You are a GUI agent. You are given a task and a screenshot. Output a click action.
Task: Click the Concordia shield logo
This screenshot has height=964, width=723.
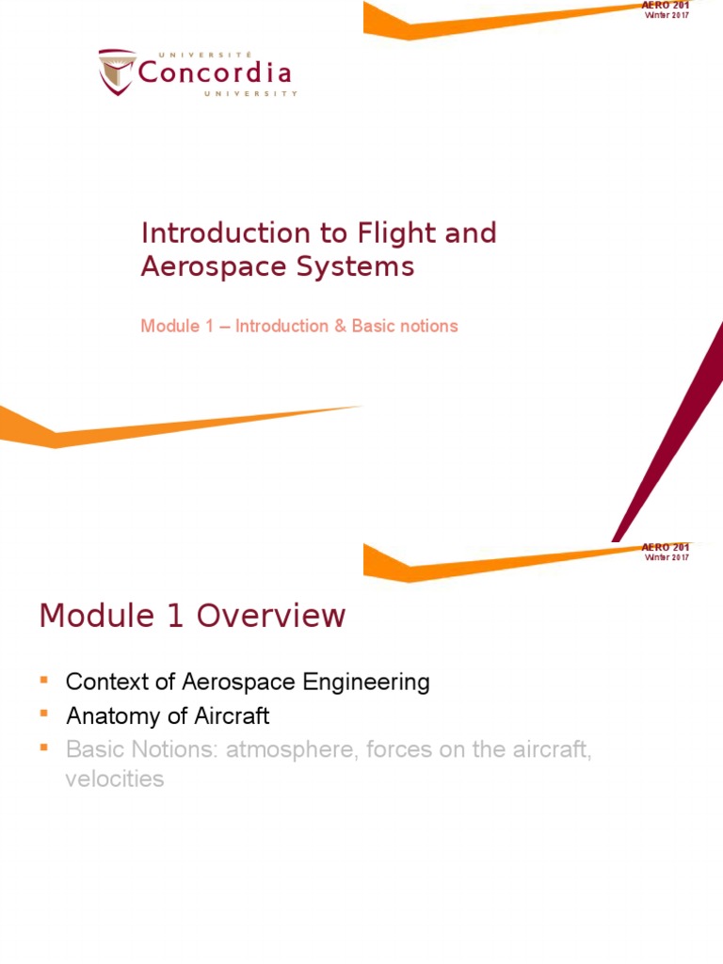[116, 72]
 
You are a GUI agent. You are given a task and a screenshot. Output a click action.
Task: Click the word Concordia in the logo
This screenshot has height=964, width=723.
[215, 72]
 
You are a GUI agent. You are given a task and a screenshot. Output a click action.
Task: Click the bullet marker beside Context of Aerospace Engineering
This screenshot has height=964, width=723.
[43, 678]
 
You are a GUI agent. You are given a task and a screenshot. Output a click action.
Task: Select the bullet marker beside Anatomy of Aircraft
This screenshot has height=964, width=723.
[43, 713]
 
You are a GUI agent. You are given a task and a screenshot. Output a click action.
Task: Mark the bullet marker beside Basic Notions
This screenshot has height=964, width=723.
[43, 747]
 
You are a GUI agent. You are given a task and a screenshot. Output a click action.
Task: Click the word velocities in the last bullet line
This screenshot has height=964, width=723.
[115, 779]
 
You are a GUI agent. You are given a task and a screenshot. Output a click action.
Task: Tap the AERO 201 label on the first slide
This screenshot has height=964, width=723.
[667, 6]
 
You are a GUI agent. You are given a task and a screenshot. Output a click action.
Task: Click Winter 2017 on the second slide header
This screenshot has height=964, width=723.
[667, 557]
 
